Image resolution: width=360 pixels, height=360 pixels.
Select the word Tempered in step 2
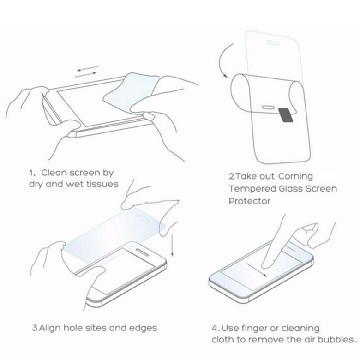coord(252,189)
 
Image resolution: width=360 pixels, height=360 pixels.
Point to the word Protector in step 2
coord(249,201)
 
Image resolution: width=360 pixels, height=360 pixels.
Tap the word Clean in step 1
coord(54,173)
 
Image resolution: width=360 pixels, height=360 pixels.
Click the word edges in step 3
coord(143,328)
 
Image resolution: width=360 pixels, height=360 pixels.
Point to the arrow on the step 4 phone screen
coord(257,270)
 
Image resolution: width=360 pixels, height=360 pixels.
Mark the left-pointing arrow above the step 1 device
coord(88,68)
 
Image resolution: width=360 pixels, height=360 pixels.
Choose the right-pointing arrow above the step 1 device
coord(86,75)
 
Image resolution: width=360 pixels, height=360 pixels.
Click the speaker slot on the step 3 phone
coord(142,252)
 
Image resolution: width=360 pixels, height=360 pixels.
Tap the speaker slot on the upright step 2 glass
coord(272,42)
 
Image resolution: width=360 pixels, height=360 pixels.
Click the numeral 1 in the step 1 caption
coord(31,173)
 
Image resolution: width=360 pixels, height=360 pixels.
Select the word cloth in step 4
coord(222,339)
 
